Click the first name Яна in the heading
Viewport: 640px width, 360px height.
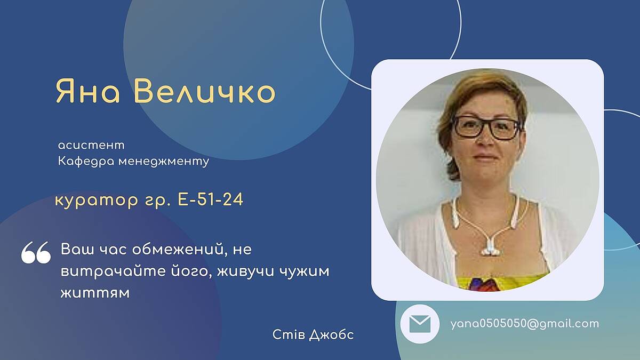point(87,91)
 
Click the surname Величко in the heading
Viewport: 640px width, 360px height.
point(205,91)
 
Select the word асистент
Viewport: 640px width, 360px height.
point(91,146)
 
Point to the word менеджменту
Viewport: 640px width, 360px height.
point(164,162)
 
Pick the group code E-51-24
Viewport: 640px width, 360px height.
point(211,199)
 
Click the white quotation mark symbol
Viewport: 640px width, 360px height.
point(36,252)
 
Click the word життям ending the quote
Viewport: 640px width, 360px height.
point(95,293)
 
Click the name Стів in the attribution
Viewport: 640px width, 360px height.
point(289,334)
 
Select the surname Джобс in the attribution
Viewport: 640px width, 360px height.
point(332,335)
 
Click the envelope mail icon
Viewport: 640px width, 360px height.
point(420,324)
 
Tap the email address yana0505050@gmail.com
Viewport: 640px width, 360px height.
point(525,324)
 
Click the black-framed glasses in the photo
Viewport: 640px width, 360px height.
point(487,128)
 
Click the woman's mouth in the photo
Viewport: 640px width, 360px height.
point(485,157)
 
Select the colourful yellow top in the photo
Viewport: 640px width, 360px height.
point(503,282)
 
